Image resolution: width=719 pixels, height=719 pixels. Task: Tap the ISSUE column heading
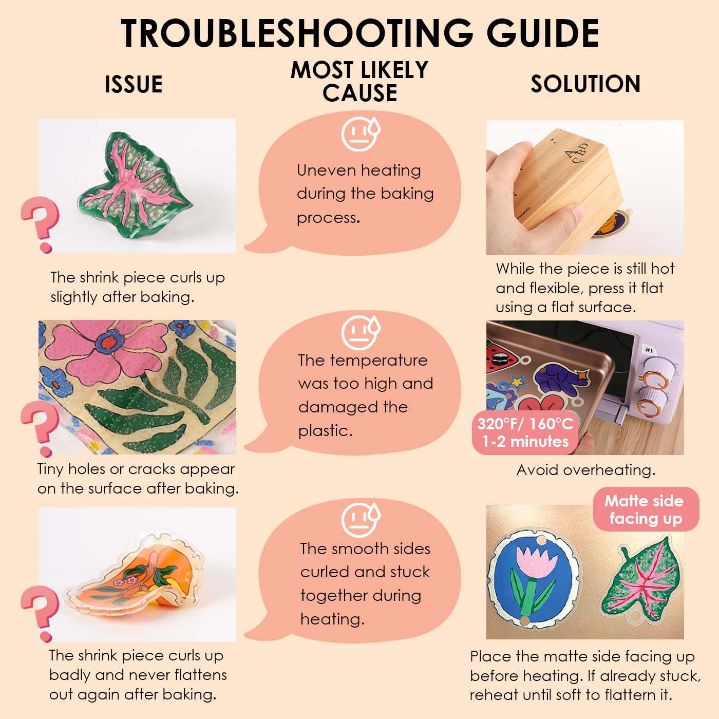point(134,84)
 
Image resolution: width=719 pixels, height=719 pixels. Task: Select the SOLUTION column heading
point(585,84)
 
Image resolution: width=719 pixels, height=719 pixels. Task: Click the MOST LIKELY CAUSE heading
point(359,81)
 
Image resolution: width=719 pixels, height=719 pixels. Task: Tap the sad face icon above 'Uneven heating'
point(361,133)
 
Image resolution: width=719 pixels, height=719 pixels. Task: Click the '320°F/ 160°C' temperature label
point(525,424)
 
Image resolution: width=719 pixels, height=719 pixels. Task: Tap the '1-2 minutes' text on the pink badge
point(525,442)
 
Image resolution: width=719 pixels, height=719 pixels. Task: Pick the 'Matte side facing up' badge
point(646,509)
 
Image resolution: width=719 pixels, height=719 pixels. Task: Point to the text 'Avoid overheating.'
point(586,470)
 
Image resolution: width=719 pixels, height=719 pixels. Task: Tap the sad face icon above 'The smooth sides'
point(361,519)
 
